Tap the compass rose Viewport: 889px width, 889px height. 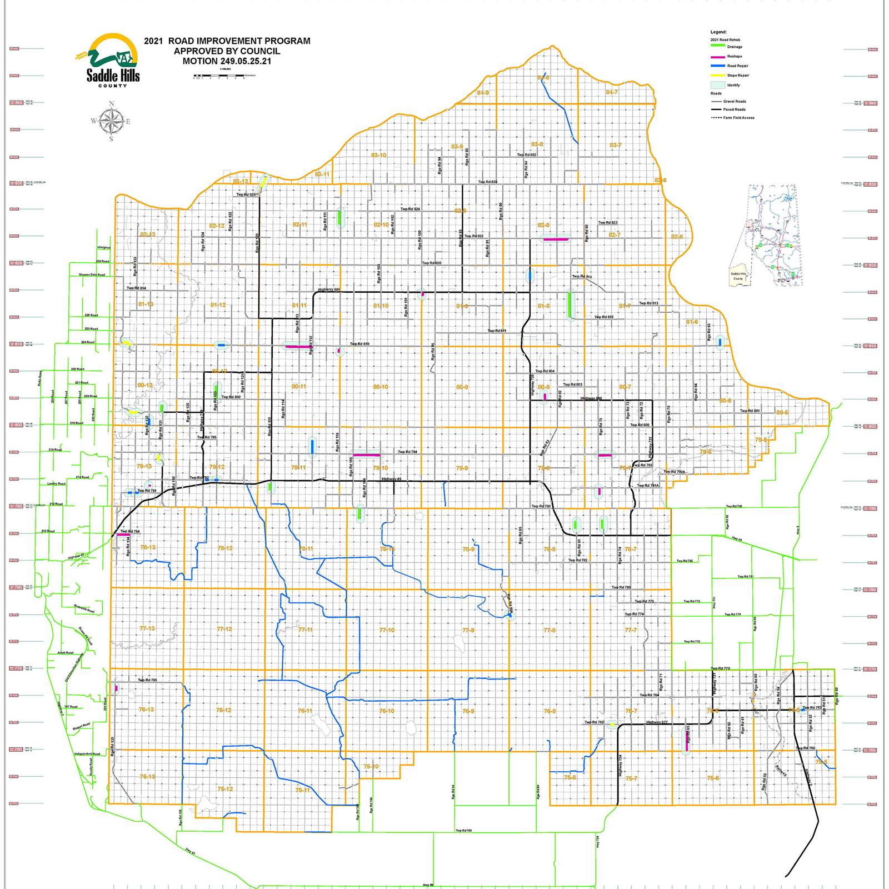112,121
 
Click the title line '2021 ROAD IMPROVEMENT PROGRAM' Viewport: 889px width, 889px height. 227,41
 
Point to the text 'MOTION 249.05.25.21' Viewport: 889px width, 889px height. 227,62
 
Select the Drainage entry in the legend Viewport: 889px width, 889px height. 734,47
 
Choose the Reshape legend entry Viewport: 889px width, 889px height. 734,57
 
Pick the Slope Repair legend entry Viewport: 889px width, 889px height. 737,76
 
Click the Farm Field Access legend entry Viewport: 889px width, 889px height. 738,118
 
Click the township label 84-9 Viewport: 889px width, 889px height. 483,93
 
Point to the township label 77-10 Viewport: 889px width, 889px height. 387,630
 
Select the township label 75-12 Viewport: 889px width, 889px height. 225,789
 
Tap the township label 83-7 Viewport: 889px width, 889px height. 615,146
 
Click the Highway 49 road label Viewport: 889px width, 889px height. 391,479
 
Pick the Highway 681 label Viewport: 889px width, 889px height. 328,289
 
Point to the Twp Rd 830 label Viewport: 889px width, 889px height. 488,182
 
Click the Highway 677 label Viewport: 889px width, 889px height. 657,722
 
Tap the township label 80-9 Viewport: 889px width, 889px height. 462,387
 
